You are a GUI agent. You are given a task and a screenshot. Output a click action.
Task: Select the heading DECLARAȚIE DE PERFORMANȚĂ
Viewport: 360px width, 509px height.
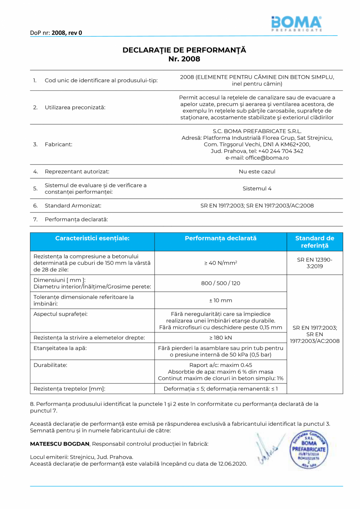184,50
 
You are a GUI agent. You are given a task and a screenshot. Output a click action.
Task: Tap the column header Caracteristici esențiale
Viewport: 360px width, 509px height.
92,238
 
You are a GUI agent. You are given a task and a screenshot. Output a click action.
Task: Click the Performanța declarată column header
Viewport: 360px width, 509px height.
221,238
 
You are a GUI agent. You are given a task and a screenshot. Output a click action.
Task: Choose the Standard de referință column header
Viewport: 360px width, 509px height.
315,242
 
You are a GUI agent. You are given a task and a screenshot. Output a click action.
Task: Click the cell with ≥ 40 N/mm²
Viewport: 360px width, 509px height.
221,263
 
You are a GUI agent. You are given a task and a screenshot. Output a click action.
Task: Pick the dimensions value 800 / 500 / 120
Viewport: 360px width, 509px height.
221,283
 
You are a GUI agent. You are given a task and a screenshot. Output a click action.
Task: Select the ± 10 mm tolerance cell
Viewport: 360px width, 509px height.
221,300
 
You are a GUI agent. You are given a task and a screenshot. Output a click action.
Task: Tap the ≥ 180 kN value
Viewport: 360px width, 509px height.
221,338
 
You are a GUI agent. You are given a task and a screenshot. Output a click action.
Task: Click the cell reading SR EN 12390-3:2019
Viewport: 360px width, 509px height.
315,263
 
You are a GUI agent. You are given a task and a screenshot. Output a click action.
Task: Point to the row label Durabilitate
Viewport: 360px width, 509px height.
50,365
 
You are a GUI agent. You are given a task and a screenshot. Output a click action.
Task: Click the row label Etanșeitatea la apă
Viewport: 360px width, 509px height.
60,347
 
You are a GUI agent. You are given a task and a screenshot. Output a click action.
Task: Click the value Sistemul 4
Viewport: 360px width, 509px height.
257,188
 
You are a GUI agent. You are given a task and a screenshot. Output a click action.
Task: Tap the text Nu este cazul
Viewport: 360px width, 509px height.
257,171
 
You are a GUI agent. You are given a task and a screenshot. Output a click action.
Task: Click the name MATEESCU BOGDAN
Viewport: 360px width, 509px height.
60,444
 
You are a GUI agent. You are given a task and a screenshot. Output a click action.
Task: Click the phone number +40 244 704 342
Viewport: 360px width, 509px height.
281,151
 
